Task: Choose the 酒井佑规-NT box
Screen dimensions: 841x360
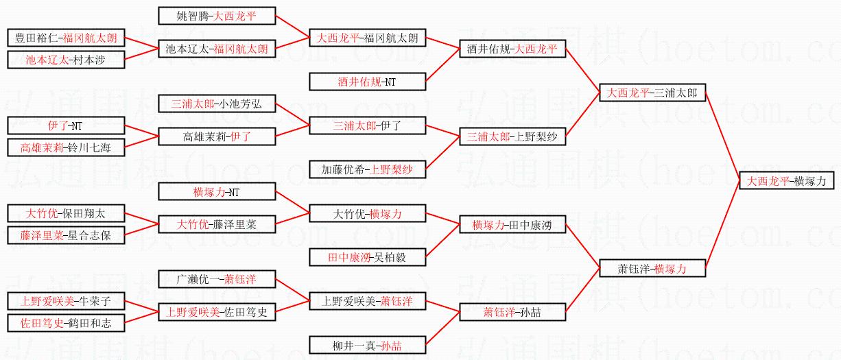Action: (x=367, y=82)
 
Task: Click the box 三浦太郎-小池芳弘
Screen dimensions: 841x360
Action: (x=217, y=104)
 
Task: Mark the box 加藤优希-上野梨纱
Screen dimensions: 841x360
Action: (x=367, y=169)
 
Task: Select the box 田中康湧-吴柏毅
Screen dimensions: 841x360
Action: (x=367, y=257)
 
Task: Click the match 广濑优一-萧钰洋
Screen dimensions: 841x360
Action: (x=217, y=279)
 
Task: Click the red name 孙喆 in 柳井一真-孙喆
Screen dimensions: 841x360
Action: (x=392, y=345)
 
